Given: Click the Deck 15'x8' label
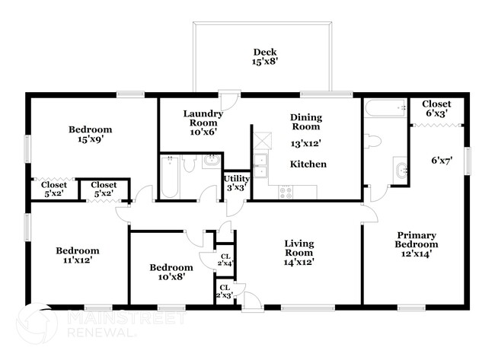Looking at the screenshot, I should point(264,58).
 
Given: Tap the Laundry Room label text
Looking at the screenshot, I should point(203,123).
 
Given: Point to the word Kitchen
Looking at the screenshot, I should point(308,164).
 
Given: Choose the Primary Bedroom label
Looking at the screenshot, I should point(416,244).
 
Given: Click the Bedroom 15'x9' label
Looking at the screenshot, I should point(91,134).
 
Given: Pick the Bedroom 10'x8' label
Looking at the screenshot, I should point(171,272).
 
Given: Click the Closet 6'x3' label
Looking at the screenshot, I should point(436,108).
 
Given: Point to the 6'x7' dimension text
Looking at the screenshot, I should point(442,161).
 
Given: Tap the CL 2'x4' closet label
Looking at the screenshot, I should point(226,260).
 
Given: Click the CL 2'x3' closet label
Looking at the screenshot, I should point(225,291).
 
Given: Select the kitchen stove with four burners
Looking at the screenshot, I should point(286,193).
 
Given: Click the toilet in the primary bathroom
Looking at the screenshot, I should point(374,141).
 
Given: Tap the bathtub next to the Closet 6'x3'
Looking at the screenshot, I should point(385,113).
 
